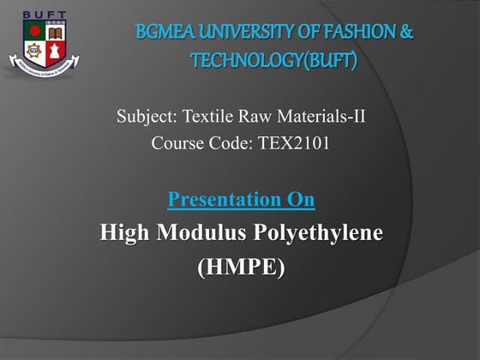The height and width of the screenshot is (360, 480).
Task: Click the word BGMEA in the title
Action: pyautogui.click(x=164, y=33)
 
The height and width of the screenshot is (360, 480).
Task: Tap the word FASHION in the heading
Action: pyautogui.click(x=351, y=33)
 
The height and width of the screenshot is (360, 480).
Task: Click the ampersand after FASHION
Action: pyautogui.click(x=406, y=33)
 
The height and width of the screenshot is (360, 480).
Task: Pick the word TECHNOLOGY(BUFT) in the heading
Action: pyautogui.click(x=273, y=61)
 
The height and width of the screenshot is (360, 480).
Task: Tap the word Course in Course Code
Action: pyautogui.click(x=177, y=143)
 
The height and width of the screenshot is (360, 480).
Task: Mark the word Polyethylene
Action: pyautogui.click(x=322, y=233)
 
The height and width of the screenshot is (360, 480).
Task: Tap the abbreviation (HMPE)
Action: pyautogui.click(x=241, y=267)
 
